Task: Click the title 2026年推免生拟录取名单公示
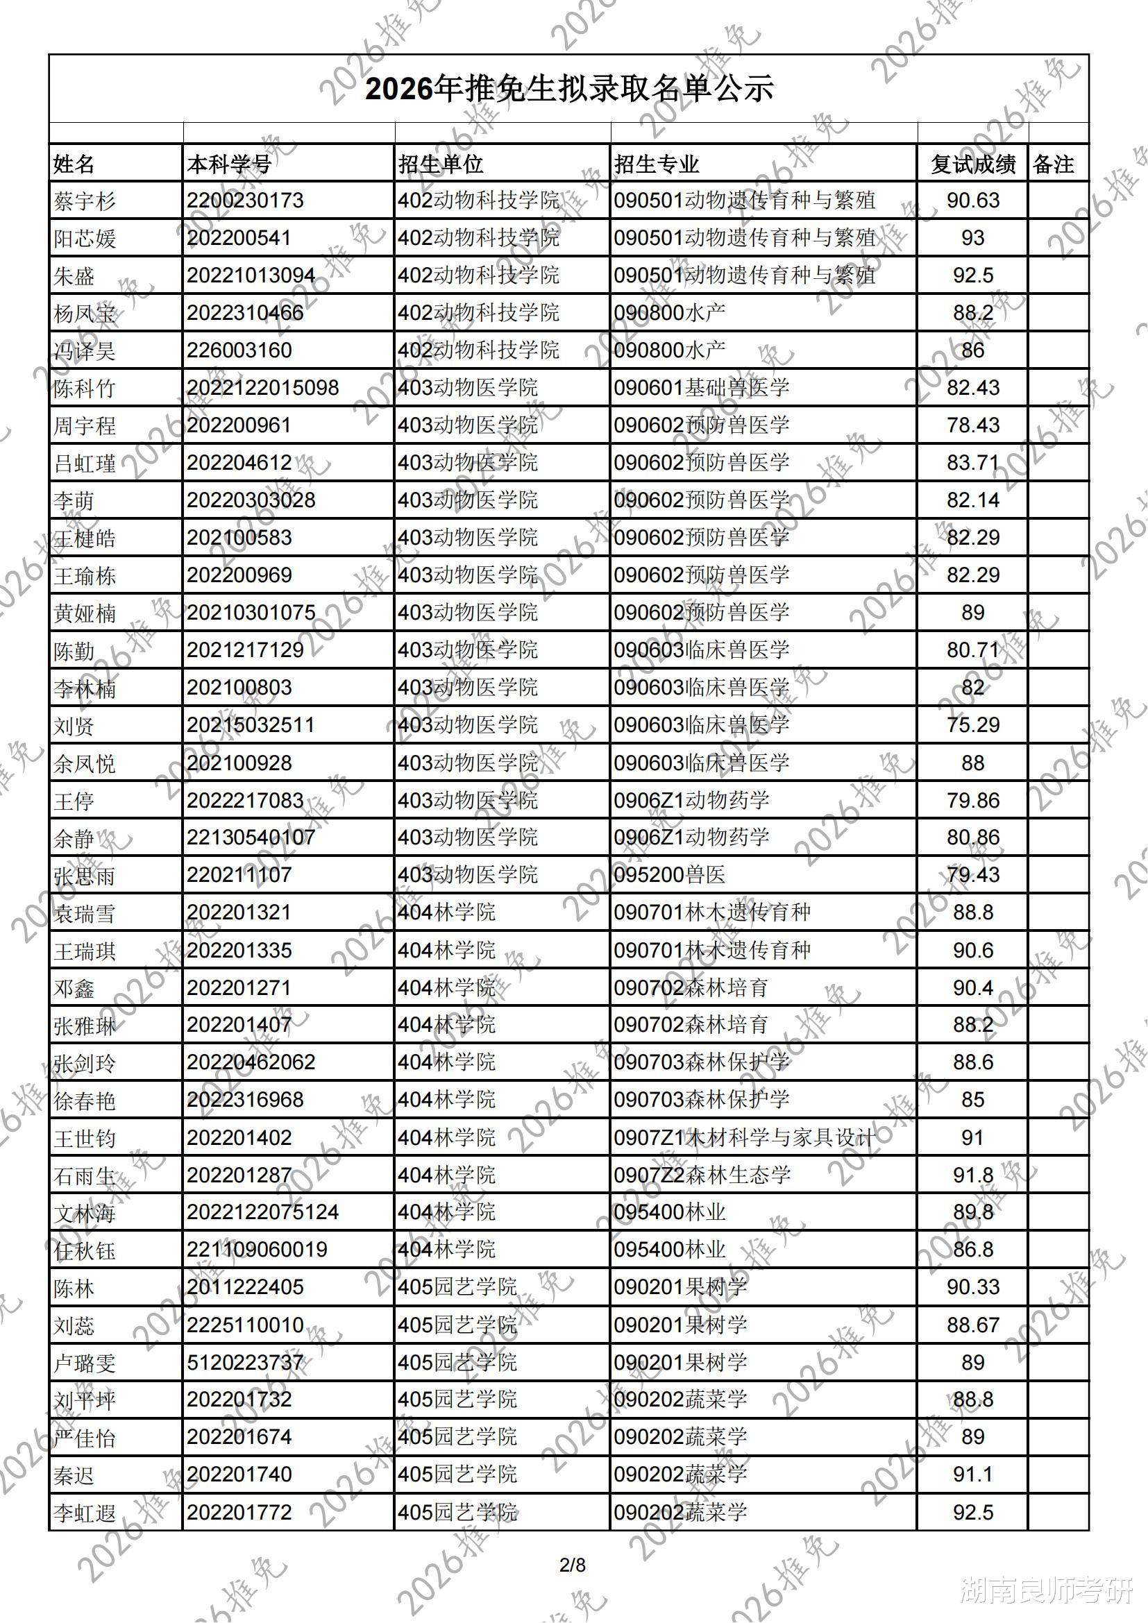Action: pos(569,90)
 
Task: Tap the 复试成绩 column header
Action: pos(972,164)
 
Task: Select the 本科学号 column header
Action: pos(229,164)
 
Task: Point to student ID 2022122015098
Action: pos(262,388)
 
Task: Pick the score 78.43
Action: pos(972,425)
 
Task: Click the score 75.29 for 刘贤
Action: pos(972,725)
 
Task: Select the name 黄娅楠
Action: pos(84,613)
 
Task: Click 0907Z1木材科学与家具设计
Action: pos(743,1138)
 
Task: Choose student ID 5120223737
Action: pos(244,1363)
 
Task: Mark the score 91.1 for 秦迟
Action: pos(972,1475)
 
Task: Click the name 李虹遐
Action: pos(84,1513)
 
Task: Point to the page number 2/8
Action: pos(573,1565)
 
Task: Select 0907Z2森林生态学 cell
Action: pos(701,1175)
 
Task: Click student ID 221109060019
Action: pos(257,1250)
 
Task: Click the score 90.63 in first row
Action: pos(972,201)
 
